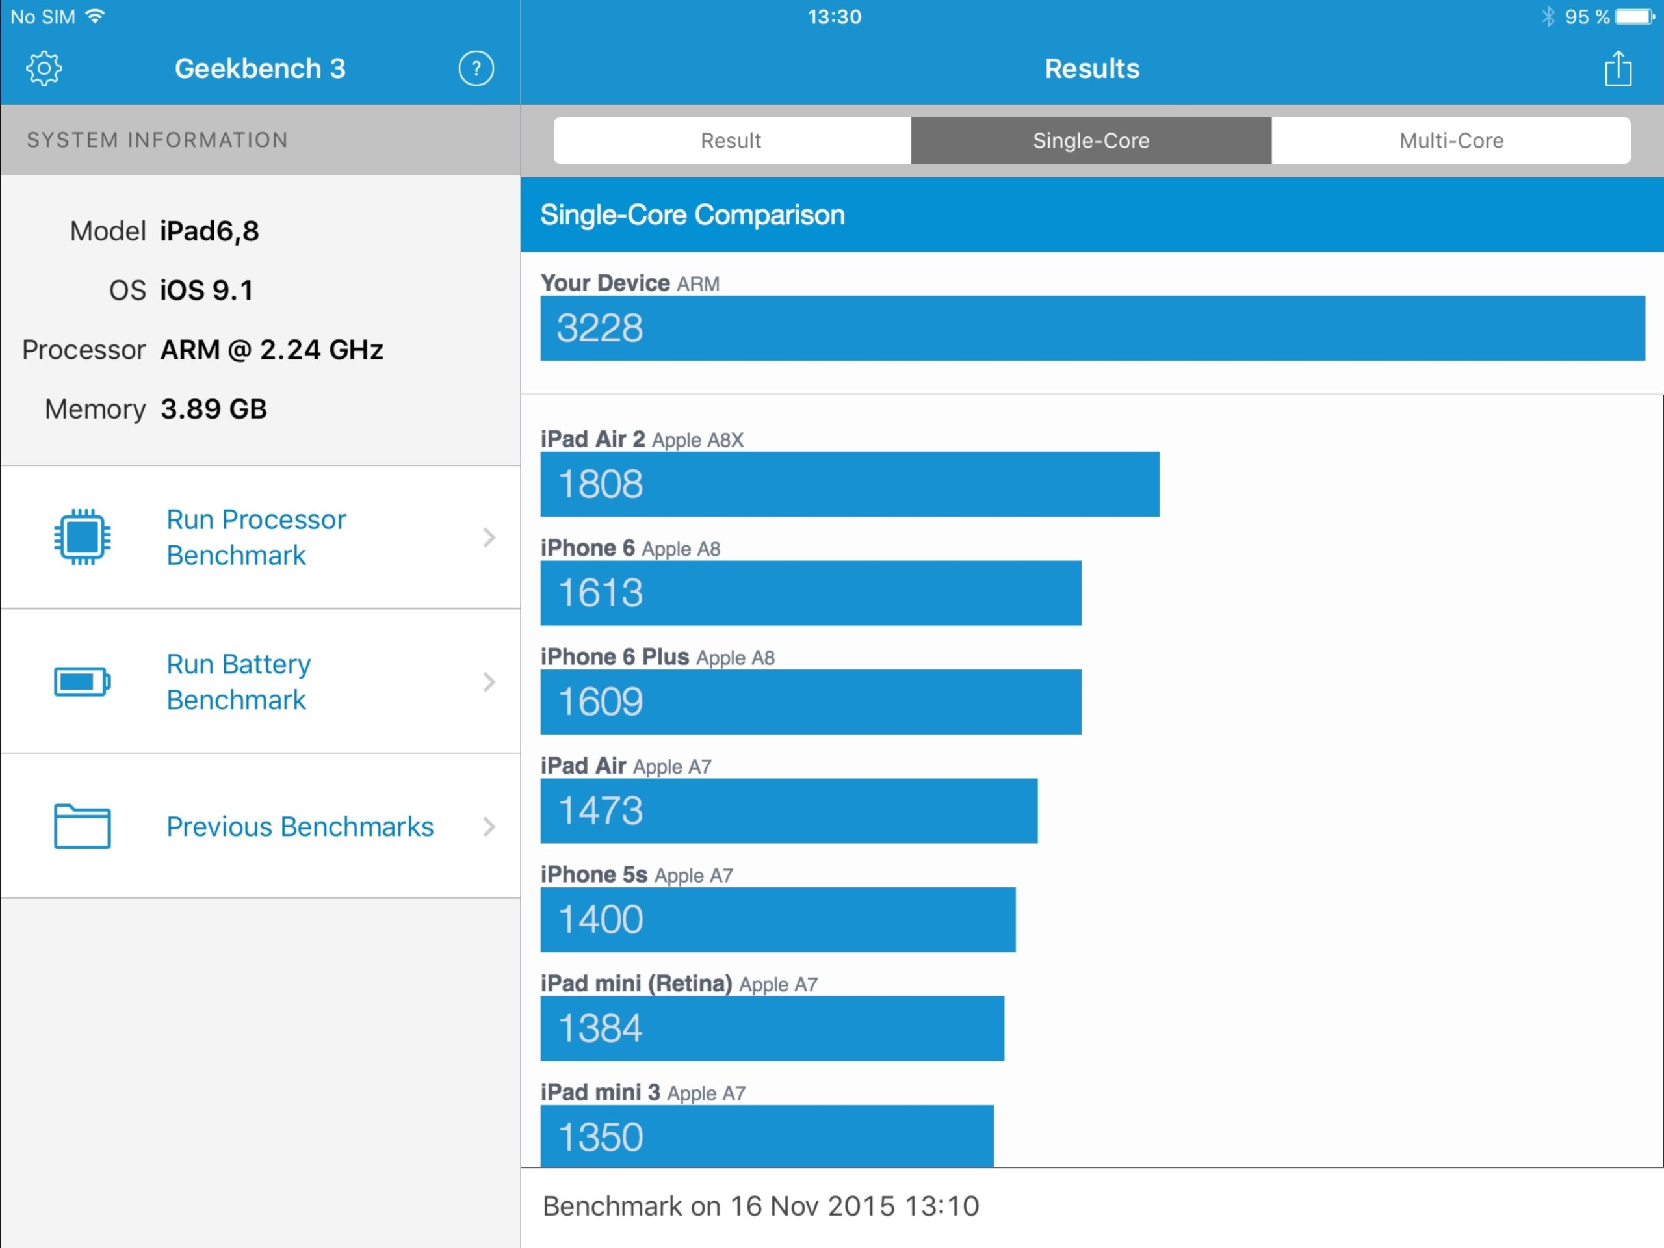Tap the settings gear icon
(x=44, y=68)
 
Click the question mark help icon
(x=475, y=68)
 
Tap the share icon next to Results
(x=1617, y=68)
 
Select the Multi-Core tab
(x=1450, y=140)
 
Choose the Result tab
(x=731, y=140)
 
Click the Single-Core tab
(x=1091, y=140)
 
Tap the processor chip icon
(x=82, y=536)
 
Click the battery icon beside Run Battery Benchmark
(x=82, y=682)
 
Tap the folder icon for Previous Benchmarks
(x=82, y=826)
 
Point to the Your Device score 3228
(x=599, y=328)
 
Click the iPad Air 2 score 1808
(x=599, y=484)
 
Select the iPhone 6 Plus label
(x=615, y=656)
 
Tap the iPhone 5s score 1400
(x=599, y=919)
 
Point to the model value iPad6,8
(x=209, y=231)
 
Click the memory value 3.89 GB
(x=214, y=409)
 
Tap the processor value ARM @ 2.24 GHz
(x=272, y=350)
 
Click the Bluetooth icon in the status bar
(x=1548, y=16)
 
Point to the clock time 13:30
(x=834, y=16)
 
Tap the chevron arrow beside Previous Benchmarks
(x=489, y=826)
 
